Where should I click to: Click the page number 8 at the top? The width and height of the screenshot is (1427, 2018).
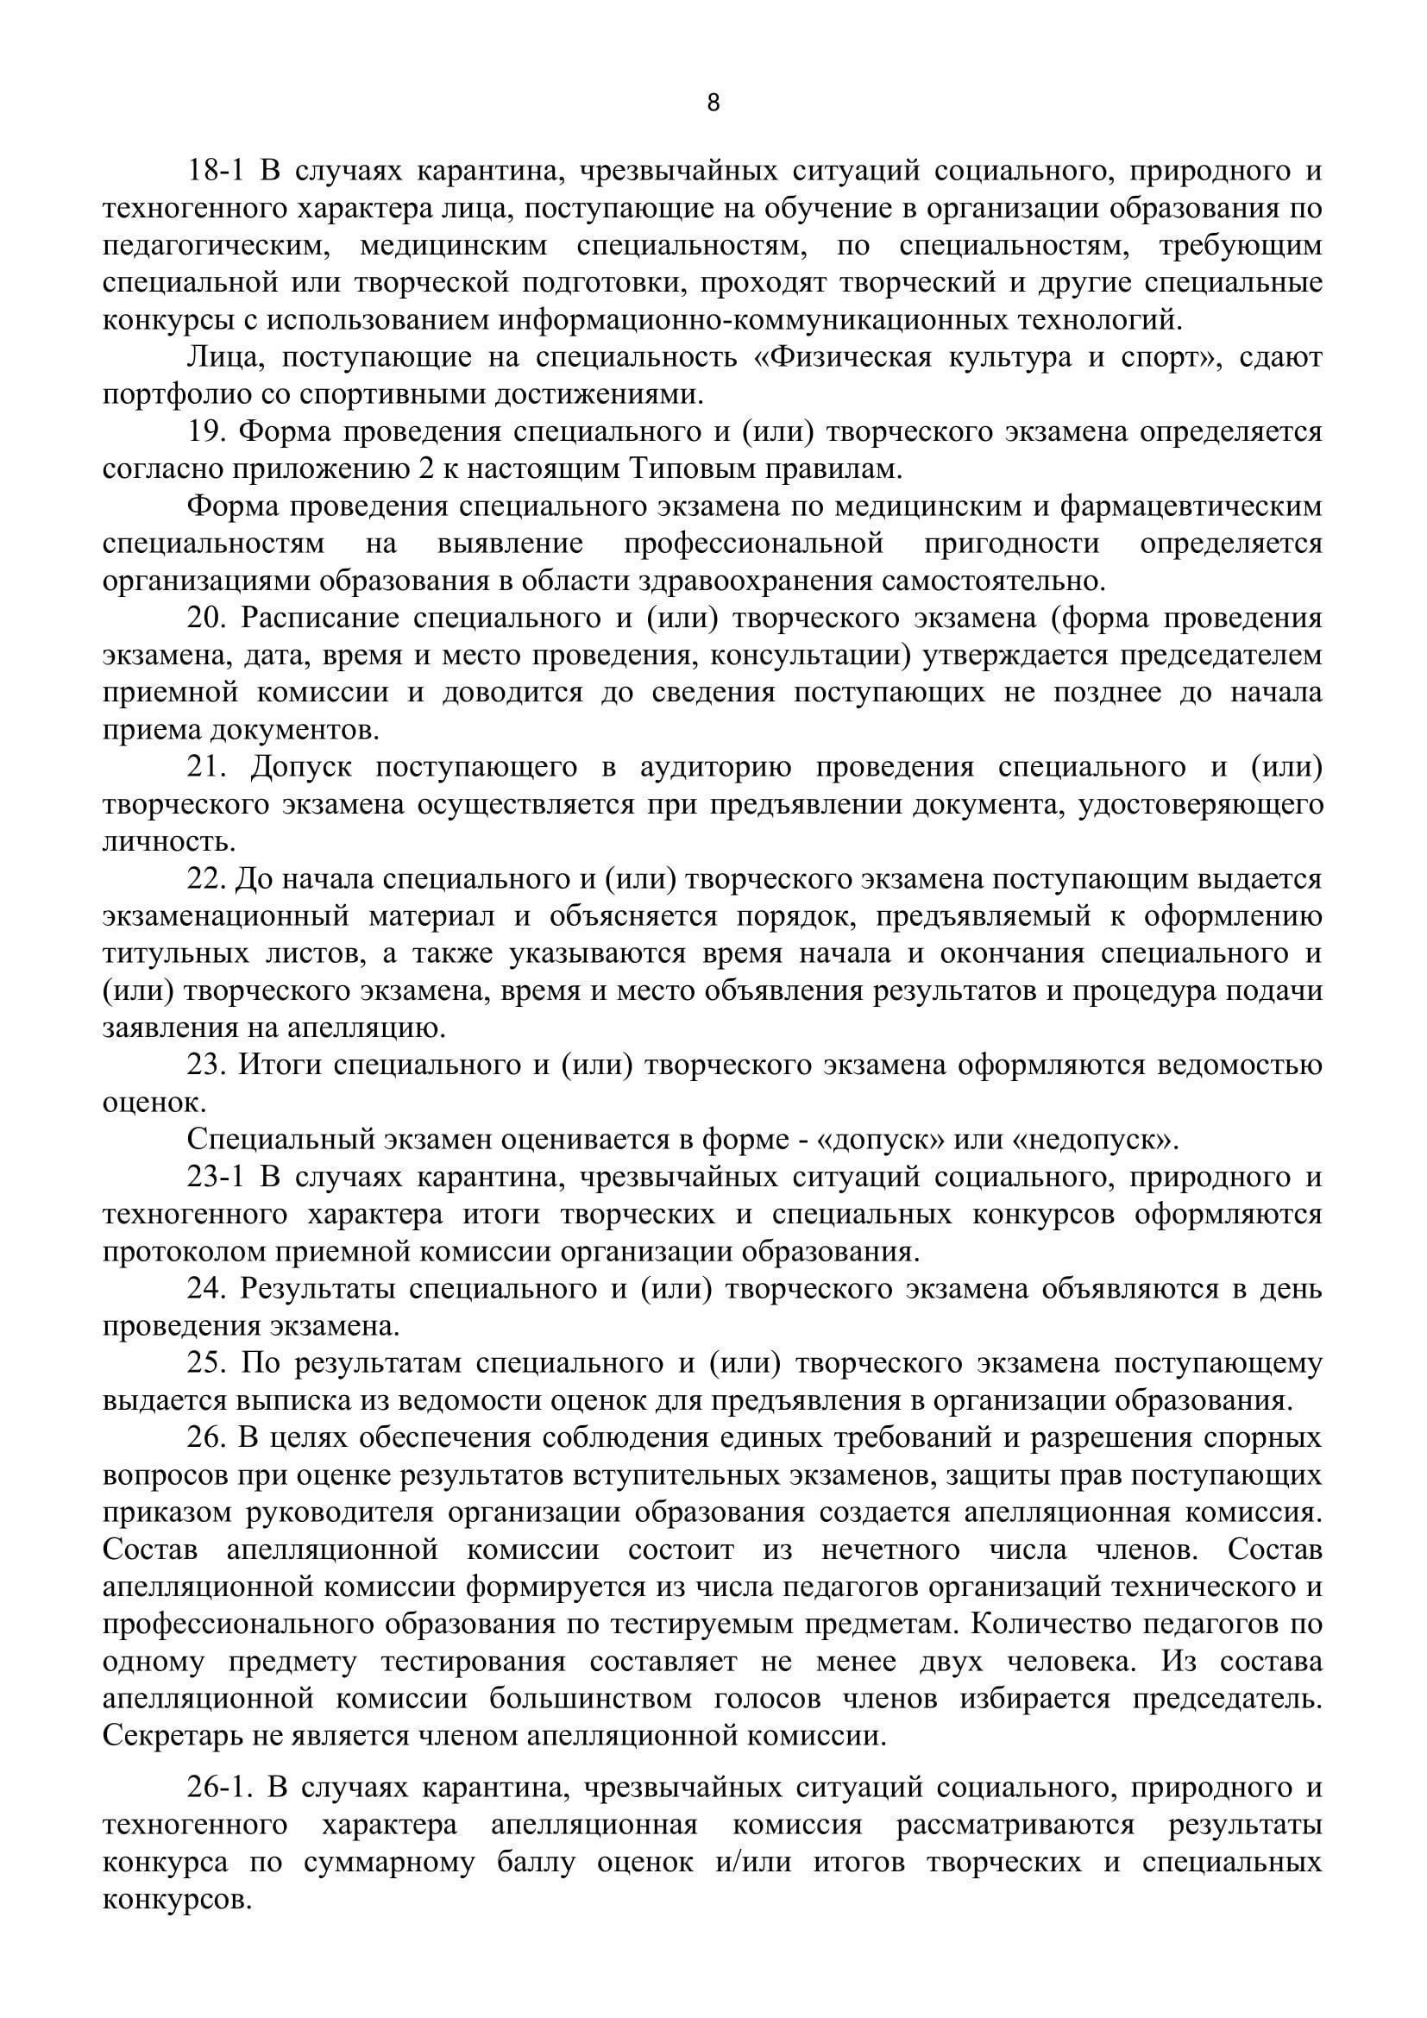713,104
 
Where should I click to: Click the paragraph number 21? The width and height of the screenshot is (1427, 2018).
207,766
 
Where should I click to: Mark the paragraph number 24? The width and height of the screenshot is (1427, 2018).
207,1288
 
